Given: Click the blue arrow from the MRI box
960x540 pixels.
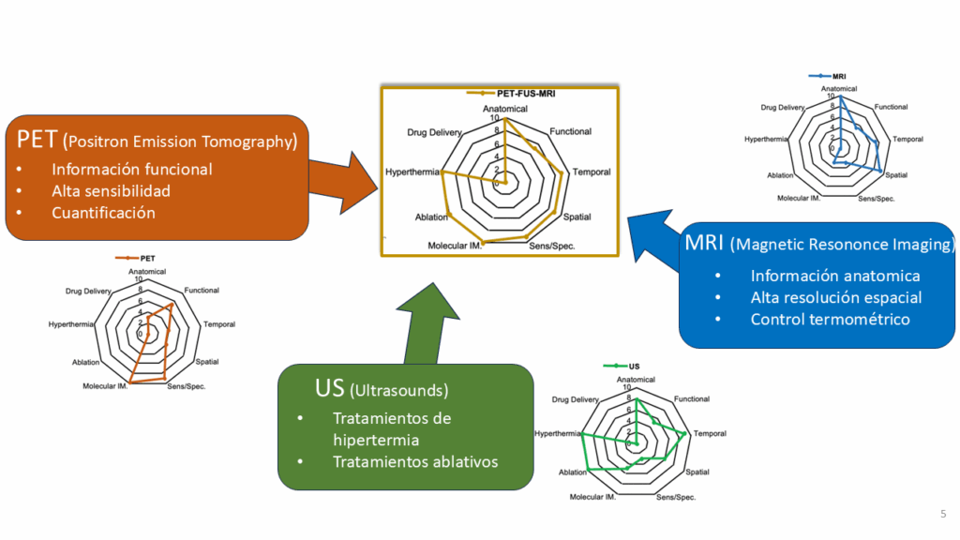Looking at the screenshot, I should [x=655, y=238].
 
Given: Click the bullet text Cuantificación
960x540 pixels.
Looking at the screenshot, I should [x=103, y=213].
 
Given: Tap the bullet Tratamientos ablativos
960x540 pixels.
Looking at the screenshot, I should [x=415, y=461].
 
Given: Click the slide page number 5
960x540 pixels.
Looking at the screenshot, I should [x=942, y=513].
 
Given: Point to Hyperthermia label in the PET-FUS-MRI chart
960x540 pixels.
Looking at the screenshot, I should [x=412, y=172].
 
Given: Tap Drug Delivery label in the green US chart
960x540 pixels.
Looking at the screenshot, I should [x=575, y=400].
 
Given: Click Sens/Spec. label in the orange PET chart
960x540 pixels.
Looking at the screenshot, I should [x=186, y=386].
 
